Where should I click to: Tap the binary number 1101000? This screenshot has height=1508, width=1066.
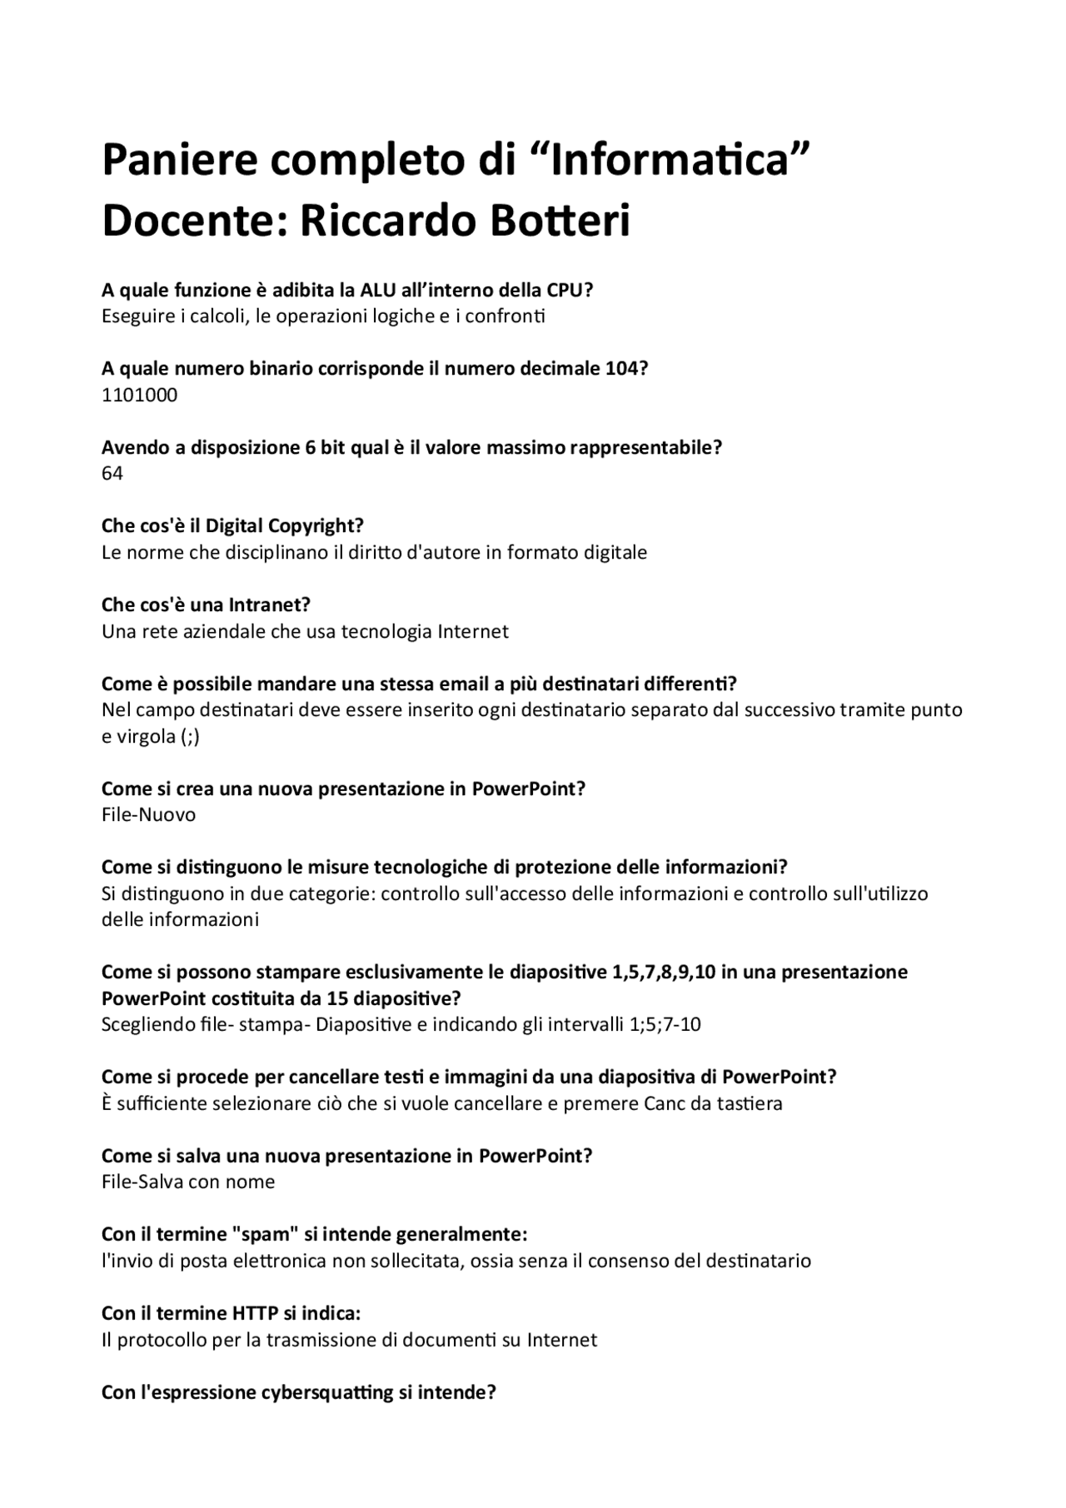point(139,395)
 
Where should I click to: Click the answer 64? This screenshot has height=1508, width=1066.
point(112,473)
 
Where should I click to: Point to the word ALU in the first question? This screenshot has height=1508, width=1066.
point(379,290)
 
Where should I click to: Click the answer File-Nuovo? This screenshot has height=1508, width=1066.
point(148,814)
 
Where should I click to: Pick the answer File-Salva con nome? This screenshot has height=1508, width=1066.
point(188,1182)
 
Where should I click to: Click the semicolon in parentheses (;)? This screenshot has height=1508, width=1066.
point(190,737)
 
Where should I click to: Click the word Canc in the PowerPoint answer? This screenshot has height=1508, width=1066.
point(665,1103)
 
